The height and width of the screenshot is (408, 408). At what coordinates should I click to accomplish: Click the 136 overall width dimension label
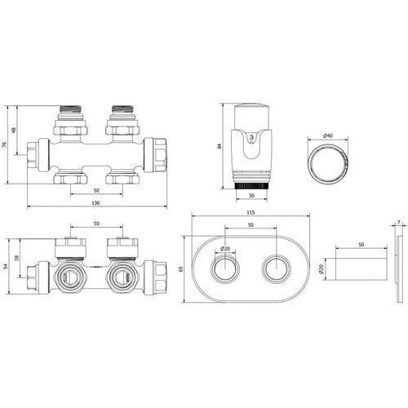coord(95,202)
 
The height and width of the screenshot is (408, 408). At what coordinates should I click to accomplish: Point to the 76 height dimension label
coord(4,144)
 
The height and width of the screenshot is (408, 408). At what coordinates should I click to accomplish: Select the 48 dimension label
coord(14,130)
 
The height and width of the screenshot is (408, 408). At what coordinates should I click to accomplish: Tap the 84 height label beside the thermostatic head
coord(220,146)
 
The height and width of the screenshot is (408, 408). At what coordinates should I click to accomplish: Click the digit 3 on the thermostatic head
coord(251,137)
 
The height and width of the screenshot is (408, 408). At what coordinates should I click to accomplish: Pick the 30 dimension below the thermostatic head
coord(251,195)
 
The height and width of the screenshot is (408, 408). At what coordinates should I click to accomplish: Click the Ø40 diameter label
coord(328,135)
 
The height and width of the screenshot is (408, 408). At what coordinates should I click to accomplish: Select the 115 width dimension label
coord(251,212)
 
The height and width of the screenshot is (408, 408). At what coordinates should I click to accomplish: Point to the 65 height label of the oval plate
coord(181,269)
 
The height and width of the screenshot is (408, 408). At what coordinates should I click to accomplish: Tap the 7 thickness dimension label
coord(399,223)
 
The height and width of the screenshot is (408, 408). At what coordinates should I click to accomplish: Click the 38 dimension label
coord(17,258)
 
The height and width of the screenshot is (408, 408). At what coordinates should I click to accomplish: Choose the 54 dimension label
coord(6,266)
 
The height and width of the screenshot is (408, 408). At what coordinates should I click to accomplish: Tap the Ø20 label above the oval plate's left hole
coord(225,248)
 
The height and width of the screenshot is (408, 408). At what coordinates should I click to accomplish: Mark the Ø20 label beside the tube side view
coord(322,269)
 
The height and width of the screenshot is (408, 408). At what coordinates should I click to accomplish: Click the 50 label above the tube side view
coord(361,245)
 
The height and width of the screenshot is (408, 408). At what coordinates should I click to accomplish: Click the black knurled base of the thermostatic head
coord(251,186)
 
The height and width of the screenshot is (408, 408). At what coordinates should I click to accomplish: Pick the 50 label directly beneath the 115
coord(251,224)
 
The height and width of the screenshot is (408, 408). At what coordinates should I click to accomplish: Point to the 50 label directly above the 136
coord(96,190)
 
